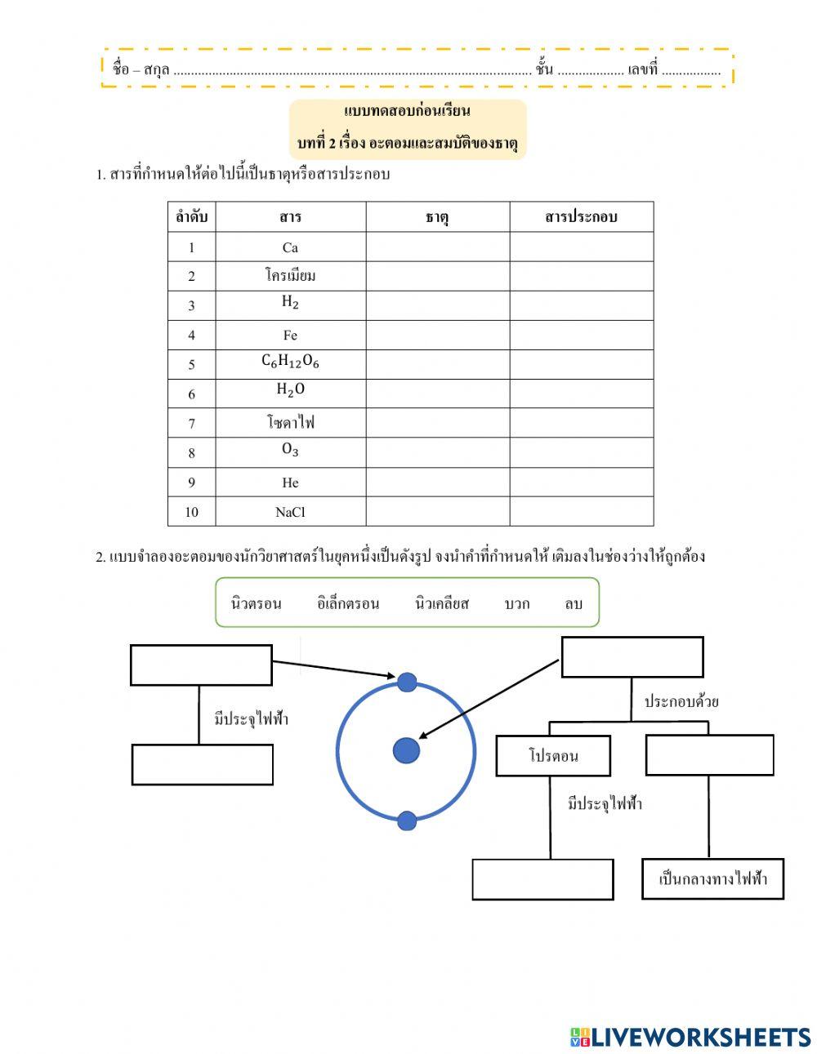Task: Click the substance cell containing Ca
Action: (x=290, y=247)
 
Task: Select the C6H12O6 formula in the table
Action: (x=290, y=362)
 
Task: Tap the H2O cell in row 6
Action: (x=290, y=391)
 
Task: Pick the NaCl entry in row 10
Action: (x=290, y=512)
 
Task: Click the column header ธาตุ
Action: (x=437, y=217)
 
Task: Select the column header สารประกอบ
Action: (x=581, y=217)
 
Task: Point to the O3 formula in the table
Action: (x=290, y=451)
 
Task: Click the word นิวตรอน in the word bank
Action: (x=256, y=604)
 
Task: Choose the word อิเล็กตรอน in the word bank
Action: (x=348, y=604)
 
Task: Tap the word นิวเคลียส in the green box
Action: (x=442, y=604)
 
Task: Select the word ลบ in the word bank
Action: (x=574, y=604)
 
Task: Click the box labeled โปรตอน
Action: (x=553, y=756)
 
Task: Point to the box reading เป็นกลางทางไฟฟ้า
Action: (x=712, y=879)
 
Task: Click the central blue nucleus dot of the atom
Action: (x=406, y=750)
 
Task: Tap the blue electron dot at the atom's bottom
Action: (x=407, y=821)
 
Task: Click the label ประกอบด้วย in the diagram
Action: (x=681, y=701)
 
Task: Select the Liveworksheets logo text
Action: (x=690, y=1037)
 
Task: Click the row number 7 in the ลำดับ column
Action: (x=191, y=424)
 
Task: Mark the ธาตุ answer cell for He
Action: (x=437, y=483)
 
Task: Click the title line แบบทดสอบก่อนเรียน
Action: (x=408, y=111)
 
